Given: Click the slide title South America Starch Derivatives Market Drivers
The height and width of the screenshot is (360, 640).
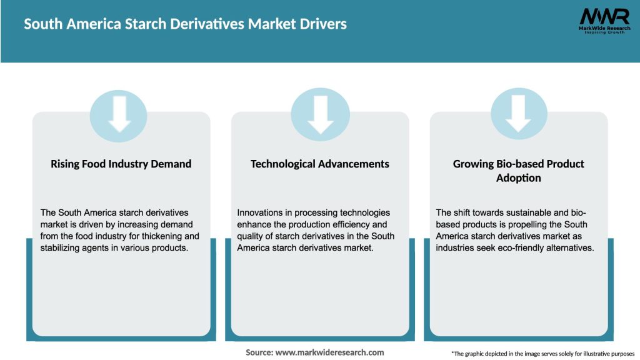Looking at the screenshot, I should (185, 24).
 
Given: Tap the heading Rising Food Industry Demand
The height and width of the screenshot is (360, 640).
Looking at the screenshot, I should (121, 164).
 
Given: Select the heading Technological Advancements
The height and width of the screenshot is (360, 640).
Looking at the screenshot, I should (319, 164).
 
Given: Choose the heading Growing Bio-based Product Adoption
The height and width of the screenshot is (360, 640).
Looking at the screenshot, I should (518, 171).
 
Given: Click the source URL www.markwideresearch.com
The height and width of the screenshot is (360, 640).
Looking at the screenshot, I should (329, 352).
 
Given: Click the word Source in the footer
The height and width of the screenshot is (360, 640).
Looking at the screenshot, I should (259, 352).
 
